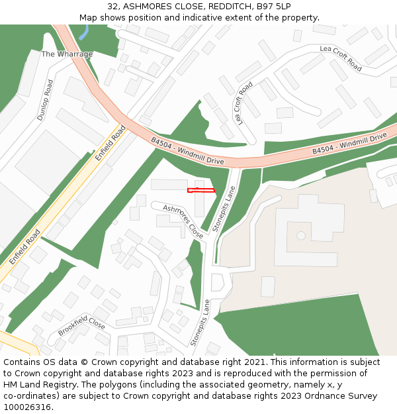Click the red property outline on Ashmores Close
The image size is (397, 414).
[x=201, y=191]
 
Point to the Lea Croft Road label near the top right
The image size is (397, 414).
[x=341, y=58]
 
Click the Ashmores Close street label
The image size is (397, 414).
[x=183, y=221]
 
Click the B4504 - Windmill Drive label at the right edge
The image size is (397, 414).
[x=349, y=144]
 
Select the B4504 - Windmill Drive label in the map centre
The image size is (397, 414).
[x=187, y=151]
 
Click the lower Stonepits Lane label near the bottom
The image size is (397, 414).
[x=200, y=323]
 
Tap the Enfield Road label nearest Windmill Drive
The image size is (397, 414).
[x=110, y=144]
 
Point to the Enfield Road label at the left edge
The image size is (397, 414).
[x=25, y=246]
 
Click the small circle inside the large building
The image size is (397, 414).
[x=301, y=235]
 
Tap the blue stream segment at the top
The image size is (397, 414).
[x=83, y=32]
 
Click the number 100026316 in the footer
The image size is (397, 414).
[x=27, y=407]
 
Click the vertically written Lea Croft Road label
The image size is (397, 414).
[x=242, y=104]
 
